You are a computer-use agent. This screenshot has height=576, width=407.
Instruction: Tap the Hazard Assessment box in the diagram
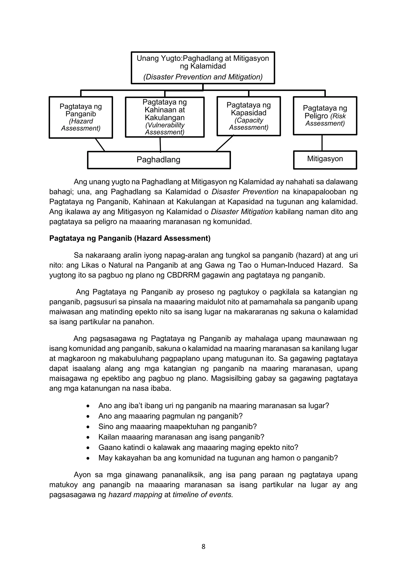(81, 117)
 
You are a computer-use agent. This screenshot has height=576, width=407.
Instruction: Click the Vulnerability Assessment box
(165, 117)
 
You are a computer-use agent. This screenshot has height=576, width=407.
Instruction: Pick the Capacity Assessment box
(248, 116)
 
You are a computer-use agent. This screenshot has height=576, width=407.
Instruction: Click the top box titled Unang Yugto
(203, 68)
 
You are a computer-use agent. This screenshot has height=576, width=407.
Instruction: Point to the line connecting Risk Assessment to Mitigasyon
(322, 143)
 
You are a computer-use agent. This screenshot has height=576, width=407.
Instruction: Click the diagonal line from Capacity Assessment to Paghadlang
(225, 143)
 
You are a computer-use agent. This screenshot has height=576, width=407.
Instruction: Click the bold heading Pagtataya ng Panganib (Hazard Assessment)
(130, 238)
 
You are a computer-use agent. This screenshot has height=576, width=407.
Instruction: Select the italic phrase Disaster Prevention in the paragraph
(245, 192)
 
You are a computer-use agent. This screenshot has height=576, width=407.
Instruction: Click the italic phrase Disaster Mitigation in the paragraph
(242, 212)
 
